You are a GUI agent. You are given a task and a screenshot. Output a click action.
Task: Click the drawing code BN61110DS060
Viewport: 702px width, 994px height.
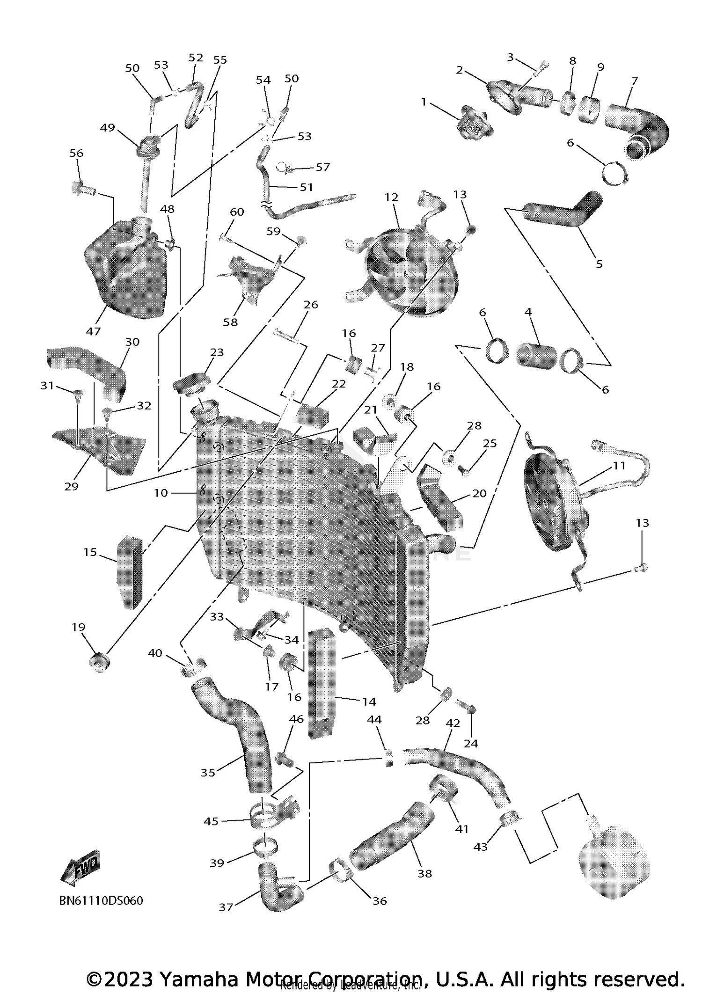pos(101,901)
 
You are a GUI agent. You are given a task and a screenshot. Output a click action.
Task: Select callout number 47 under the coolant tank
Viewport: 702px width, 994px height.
pos(94,331)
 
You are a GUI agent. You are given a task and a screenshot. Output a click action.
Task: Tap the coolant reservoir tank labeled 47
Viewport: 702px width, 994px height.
pos(125,274)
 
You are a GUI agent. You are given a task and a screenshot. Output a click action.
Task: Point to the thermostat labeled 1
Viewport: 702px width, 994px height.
pos(473,123)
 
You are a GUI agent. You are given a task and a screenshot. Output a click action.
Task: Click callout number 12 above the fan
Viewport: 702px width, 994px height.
pos(391,197)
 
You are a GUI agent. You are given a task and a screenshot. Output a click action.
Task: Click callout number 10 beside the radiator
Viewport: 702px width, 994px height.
pos(161,493)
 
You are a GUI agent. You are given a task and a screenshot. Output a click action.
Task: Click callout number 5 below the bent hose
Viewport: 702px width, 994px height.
pos(599,264)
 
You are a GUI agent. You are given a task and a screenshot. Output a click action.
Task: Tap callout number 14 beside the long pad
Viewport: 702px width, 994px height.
pos(369,702)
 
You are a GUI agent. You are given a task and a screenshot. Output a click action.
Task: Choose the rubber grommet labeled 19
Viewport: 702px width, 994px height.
pos(100,663)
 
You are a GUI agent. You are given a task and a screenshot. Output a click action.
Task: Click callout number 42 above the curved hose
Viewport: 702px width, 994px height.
pos(453,723)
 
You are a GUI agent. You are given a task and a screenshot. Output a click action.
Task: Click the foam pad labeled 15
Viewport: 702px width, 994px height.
pos(130,572)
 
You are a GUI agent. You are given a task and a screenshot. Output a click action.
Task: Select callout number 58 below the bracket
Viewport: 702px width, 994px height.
pos(230,322)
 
